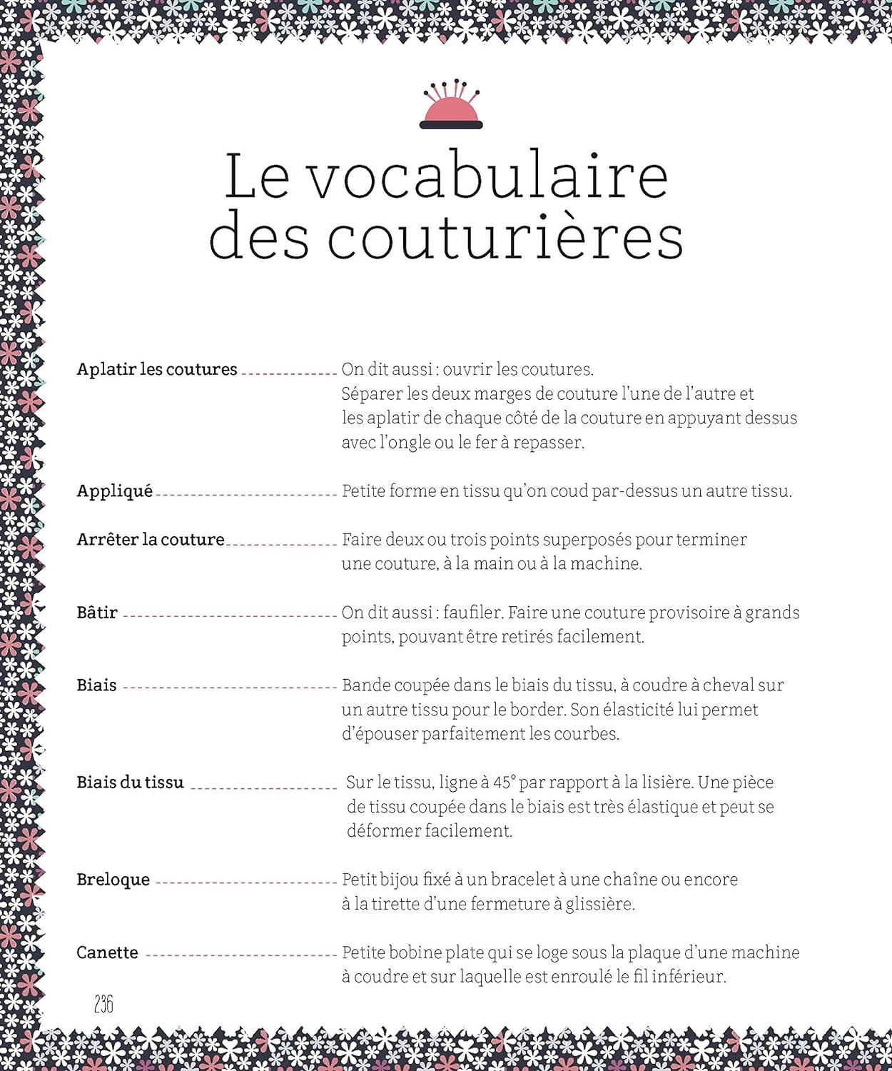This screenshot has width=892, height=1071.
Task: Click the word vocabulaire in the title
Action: tap(488, 176)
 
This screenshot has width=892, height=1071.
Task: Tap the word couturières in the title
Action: tap(505, 237)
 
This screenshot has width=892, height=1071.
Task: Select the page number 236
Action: tap(103, 1004)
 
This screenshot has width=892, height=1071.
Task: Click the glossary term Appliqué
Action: tap(114, 491)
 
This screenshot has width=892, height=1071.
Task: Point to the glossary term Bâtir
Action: tap(96, 613)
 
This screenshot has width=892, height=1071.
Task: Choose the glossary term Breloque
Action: tap(113, 880)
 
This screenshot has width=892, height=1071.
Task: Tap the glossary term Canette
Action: tap(107, 952)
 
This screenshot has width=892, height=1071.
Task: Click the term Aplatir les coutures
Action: tap(156, 369)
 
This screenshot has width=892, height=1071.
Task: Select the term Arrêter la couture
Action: tap(150, 540)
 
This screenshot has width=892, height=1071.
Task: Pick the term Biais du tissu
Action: tap(130, 783)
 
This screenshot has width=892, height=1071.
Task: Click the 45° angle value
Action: tap(504, 783)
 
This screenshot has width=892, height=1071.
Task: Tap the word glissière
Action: tap(599, 904)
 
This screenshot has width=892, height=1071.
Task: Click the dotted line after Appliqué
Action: tap(245, 494)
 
